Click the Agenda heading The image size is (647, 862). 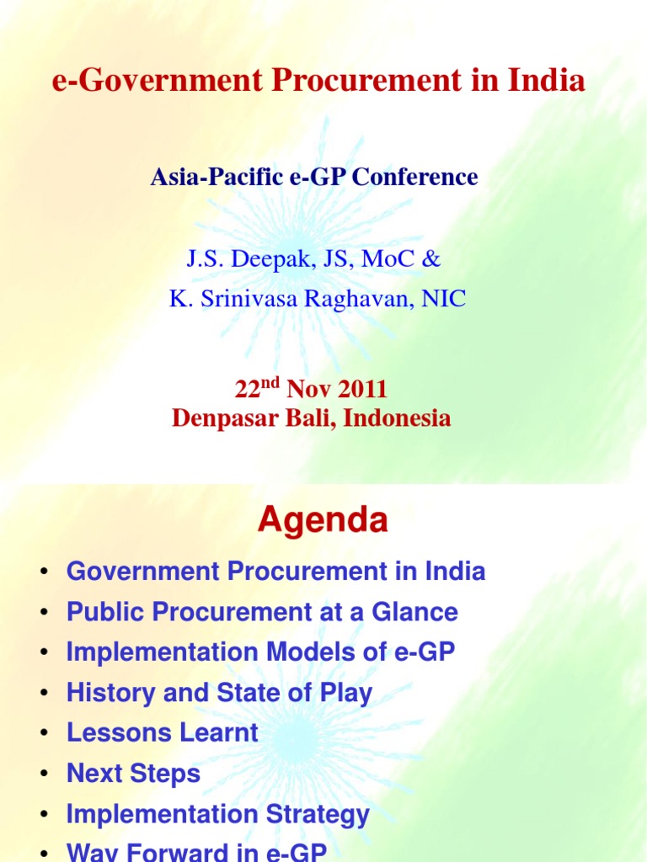click(323, 521)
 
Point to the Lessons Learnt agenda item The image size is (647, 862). click(163, 733)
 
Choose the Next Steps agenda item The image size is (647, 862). click(133, 774)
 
